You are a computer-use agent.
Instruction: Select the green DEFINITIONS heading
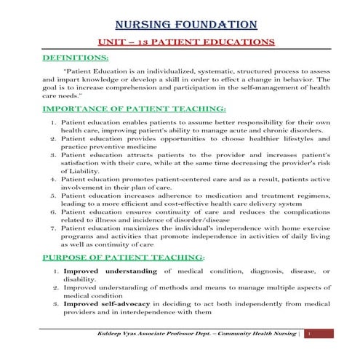76,57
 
